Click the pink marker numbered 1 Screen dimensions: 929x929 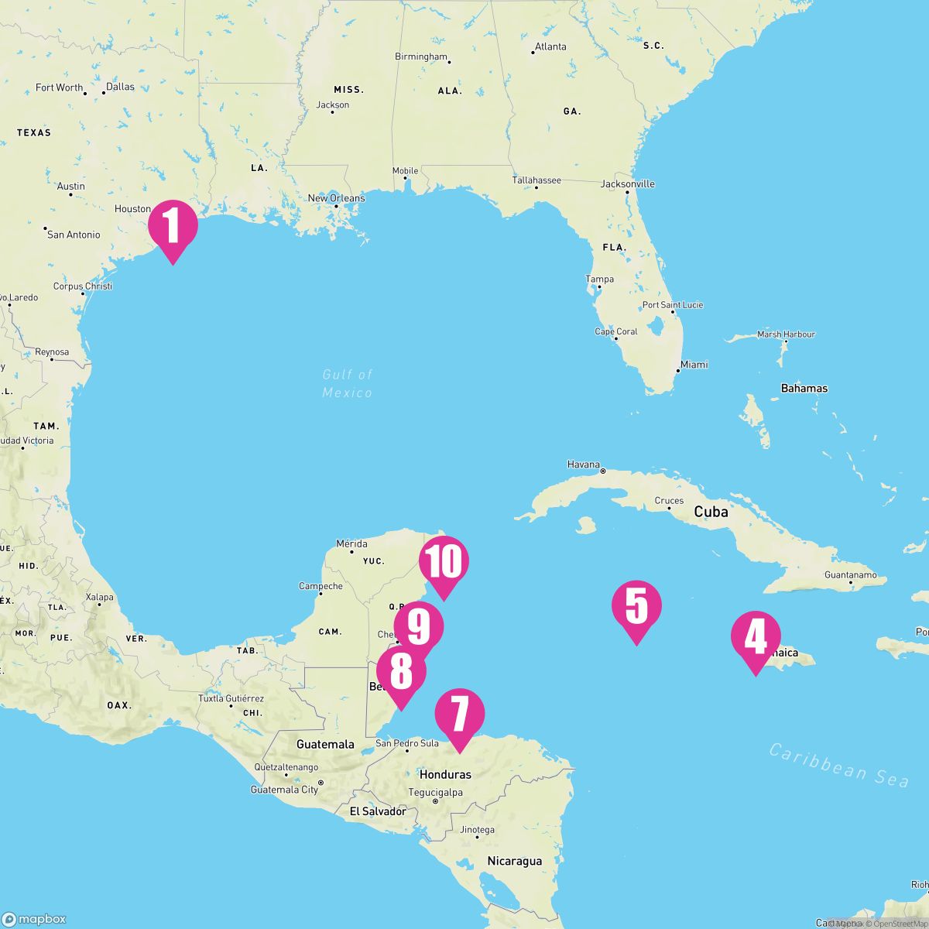173,226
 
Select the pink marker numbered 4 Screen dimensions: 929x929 756,636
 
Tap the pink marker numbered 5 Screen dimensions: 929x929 636,605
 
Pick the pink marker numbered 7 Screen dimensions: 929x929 460,714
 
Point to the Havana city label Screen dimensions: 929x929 583,464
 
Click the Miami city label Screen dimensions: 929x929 694,365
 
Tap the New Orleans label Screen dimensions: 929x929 336,198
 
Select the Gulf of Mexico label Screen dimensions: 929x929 348,383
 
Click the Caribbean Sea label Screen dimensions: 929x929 839,764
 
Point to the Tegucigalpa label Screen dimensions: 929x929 435,792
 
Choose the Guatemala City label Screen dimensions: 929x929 284,790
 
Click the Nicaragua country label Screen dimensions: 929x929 514,861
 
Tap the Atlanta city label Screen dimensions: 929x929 550,46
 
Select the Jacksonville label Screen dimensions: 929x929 628,184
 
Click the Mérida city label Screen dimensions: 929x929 351,543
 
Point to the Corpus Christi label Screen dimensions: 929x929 83,286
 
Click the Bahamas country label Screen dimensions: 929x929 804,389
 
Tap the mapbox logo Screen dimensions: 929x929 34,919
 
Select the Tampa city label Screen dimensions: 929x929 600,279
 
